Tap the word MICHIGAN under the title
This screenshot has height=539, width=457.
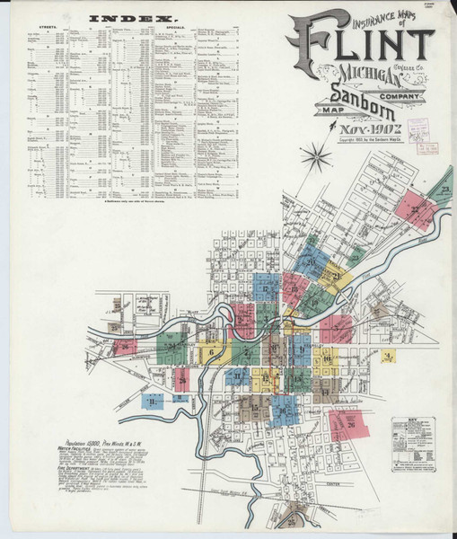(x=335, y=76)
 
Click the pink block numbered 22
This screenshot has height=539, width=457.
(x=414, y=209)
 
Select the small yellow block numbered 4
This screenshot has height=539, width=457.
(x=387, y=357)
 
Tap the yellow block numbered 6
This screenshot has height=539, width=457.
(x=211, y=353)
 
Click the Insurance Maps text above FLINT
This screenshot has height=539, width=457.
(x=347, y=15)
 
